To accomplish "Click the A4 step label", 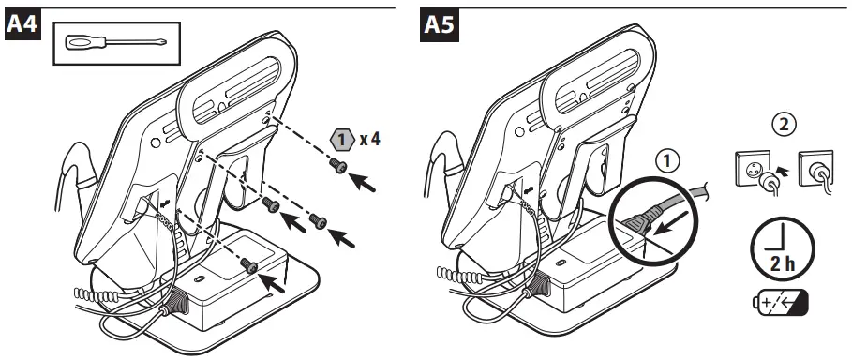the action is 22,25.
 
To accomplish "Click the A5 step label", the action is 439,25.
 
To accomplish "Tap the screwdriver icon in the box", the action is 115,42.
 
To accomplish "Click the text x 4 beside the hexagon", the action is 369,139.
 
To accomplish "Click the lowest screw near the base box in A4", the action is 250,265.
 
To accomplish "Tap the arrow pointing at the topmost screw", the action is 362,182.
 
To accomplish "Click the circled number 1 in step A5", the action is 668,161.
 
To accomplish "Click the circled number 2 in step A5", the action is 783,125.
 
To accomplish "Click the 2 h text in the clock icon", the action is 783,263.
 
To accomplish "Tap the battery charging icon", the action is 781,302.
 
